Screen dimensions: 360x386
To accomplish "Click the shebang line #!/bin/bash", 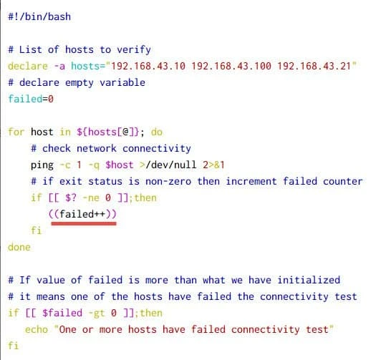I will (39, 16).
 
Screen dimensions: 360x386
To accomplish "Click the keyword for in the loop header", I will (16, 132).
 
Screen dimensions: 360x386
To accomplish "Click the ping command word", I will (42, 165).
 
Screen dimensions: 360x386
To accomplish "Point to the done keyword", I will (19, 247).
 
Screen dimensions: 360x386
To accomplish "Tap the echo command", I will (36, 329).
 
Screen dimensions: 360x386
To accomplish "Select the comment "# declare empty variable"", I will (77, 82).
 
